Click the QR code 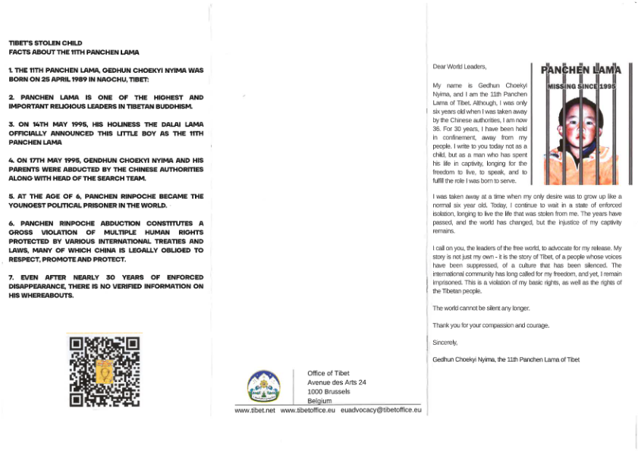coord(104,372)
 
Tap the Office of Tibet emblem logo coord(264,387)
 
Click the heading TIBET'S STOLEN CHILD coord(46,43)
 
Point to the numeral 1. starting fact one coord(11,70)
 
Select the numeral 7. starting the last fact coord(11,277)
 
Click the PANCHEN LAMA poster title coord(580,70)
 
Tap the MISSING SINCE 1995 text coord(581,87)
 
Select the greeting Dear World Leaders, coord(459,67)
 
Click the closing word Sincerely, coord(445,343)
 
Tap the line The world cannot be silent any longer coord(481,308)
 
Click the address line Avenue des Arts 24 coord(336,382)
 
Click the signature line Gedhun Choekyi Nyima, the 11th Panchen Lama coord(505,359)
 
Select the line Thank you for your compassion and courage coord(490,325)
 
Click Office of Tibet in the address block coord(328,373)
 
